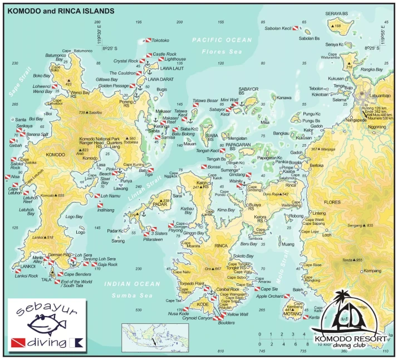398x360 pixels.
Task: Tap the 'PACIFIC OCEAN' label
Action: pyautogui.click(x=222, y=40)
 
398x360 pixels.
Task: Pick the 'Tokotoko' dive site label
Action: pyautogui.click(x=160, y=41)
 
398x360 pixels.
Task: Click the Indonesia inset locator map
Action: pyautogui.click(x=155, y=336)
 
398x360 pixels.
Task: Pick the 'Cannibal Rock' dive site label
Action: pyautogui.click(x=227, y=289)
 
